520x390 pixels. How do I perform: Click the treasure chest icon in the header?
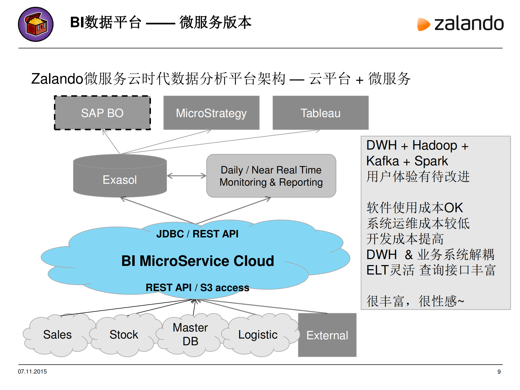tap(35, 24)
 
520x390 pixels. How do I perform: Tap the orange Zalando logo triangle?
tap(423, 24)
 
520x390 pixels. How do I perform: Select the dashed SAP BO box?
tap(102, 113)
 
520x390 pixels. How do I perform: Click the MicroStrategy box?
tap(211, 113)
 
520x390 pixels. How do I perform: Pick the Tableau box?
tap(321, 113)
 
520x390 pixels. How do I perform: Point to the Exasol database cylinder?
tap(120, 176)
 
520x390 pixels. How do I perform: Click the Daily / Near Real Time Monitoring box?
tap(271, 176)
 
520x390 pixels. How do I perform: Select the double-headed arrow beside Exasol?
tap(186, 176)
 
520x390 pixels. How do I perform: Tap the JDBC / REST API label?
tap(197, 234)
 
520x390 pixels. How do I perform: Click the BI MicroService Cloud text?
tap(198, 261)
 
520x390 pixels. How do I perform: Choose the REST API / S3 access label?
tap(197, 288)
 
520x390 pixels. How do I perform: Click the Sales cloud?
tap(57, 334)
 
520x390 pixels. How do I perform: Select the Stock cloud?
tap(124, 334)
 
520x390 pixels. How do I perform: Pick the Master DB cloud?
tap(190, 334)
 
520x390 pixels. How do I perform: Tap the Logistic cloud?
tap(258, 335)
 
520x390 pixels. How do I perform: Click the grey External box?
tap(327, 335)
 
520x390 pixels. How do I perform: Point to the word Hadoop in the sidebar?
tap(434, 145)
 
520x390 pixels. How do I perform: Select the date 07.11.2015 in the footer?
tap(32, 372)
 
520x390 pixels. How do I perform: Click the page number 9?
tap(499, 372)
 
